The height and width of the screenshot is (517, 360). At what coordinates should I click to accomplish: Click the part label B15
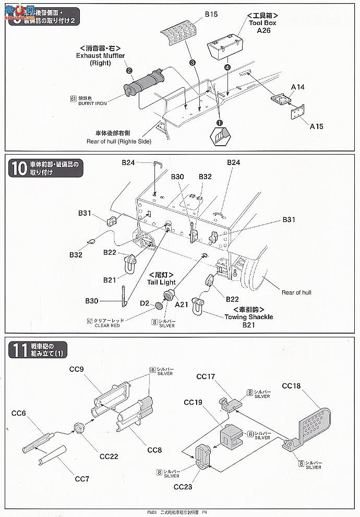210,15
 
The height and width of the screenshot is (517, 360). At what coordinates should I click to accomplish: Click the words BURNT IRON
93,103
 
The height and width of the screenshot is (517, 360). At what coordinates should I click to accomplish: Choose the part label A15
317,126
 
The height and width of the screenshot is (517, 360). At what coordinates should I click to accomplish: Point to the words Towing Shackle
248,316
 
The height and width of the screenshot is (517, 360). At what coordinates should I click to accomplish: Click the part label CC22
109,456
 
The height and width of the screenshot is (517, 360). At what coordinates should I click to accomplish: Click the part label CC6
19,413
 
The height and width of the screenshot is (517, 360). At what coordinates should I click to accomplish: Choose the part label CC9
76,369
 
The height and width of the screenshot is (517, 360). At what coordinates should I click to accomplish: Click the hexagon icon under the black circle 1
219,137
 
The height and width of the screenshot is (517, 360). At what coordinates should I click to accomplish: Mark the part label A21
182,304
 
